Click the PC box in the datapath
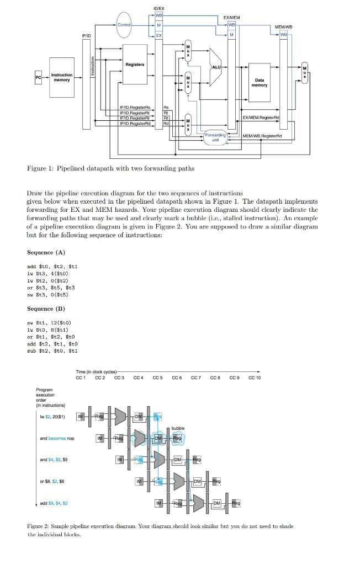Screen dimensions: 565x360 [x=38, y=78]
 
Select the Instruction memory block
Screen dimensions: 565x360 [x=61, y=78]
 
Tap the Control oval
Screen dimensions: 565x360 [x=124, y=24]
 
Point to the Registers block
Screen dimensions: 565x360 [x=135, y=65]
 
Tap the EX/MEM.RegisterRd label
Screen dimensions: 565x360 [x=262, y=118]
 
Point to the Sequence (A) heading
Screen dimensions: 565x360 [x=46, y=252]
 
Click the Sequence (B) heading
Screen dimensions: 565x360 [x=46, y=309]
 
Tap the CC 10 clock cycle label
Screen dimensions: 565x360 [x=255, y=378]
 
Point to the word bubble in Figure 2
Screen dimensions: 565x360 [x=178, y=428]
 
